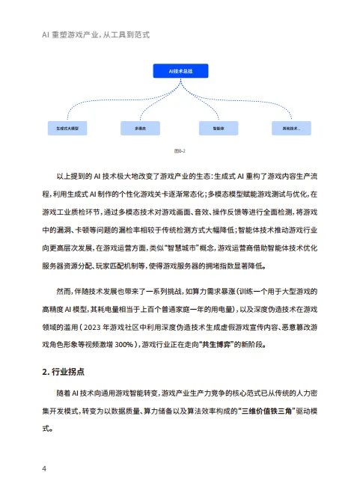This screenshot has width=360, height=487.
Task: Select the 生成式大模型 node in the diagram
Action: click(67, 128)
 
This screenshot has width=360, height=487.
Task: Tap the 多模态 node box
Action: click(141, 128)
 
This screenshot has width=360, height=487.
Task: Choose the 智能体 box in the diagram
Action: click(218, 128)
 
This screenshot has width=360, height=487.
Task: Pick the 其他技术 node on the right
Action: click(291, 128)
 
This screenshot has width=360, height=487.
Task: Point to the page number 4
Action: click(46, 469)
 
